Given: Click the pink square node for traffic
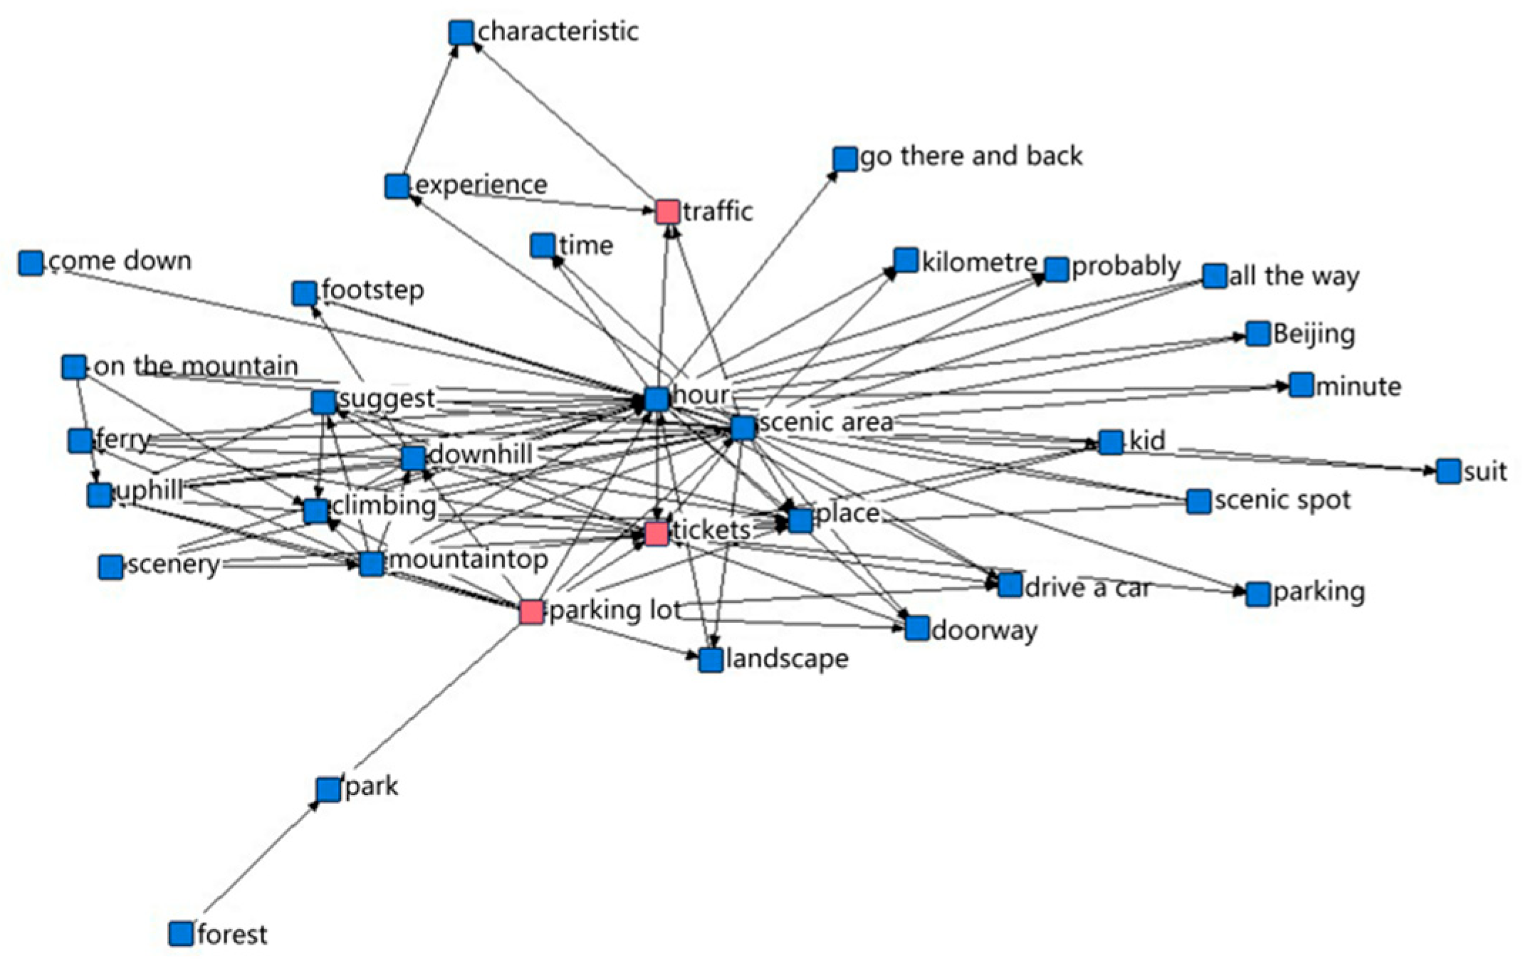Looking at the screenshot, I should [x=668, y=211].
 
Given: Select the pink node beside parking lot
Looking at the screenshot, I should [x=531, y=611].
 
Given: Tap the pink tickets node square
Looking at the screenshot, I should [x=656, y=532].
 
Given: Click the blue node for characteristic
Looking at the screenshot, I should [x=461, y=32].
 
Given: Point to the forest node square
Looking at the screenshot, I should [x=182, y=933].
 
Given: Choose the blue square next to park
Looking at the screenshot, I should [x=328, y=789].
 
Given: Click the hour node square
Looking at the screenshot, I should [x=656, y=399].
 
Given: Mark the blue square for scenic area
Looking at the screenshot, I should [x=743, y=427].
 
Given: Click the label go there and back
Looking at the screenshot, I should [x=971, y=156].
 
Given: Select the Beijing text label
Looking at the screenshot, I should [x=1314, y=333].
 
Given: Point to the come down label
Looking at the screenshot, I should [x=120, y=261].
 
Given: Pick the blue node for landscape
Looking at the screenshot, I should [x=711, y=660].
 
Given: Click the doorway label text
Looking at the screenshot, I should [x=984, y=630].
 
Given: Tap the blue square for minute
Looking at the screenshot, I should [x=1301, y=385].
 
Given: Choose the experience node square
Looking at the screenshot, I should [x=397, y=187].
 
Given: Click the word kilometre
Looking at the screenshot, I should [x=979, y=263].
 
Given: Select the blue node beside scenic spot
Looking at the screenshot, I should [x=1199, y=501].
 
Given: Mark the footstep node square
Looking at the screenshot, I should [x=305, y=293].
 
